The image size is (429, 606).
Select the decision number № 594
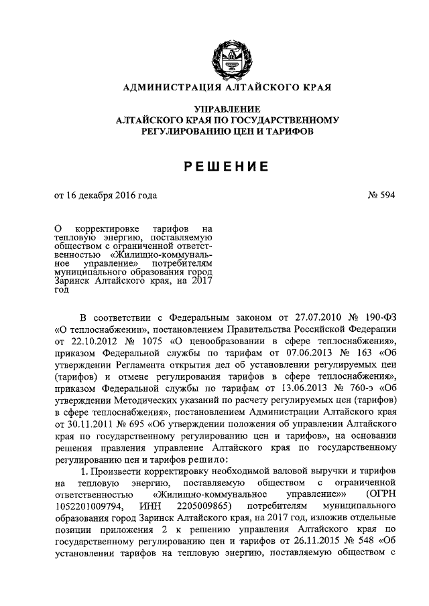click(x=381, y=196)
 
